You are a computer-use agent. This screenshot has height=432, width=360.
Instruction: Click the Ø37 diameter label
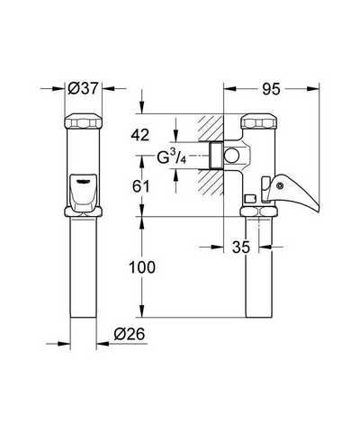(x=83, y=88)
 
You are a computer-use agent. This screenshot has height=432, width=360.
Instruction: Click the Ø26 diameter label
(x=130, y=334)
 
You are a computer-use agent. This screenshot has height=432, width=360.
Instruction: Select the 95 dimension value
(x=271, y=89)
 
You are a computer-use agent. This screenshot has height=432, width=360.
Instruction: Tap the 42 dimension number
(x=139, y=136)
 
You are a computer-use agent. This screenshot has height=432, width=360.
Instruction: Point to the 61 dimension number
(x=140, y=187)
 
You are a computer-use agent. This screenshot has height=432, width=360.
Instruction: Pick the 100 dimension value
(x=142, y=267)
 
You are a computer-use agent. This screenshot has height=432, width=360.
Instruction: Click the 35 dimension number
(x=241, y=247)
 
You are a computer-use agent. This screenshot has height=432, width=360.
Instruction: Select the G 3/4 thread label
(x=172, y=157)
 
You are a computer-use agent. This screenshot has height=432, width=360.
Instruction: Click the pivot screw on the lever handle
(x=280, y=186)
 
